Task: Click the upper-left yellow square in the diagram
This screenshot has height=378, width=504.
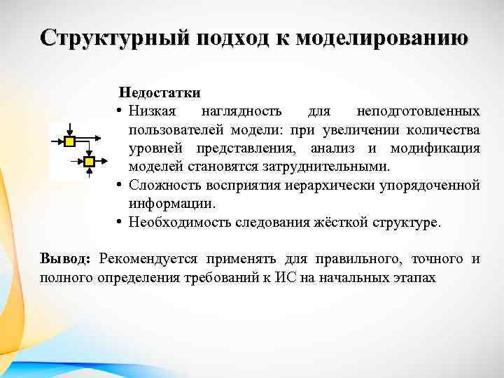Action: point(70,142)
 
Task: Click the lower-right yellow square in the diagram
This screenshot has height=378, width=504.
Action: point(89,162)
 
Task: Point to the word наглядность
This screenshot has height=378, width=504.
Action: point(241,111)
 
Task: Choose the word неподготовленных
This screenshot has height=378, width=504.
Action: point(418,111)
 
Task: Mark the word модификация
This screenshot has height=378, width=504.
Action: point(435,148)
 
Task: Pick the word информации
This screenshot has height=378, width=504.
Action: point(171,204)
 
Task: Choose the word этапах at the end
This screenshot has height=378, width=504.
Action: point(413,278)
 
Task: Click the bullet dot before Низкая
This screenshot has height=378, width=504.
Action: point(121,111)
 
